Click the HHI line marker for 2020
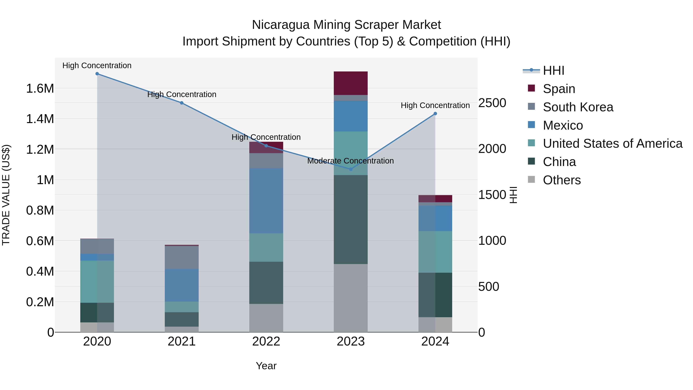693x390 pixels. click(x=97, y=74)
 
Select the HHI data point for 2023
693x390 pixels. click(x=351, y=169)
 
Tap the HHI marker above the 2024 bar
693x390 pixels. click(x=435, y=114)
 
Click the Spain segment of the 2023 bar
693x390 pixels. click(x=351, y=83)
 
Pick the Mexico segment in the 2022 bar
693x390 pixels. click(x=266, y=200)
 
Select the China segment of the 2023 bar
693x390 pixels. click(x=351, y=219)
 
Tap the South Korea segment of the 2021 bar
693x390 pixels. click(x=182, y=257)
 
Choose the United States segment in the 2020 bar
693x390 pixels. click(x=97, y=282)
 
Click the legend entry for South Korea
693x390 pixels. click(x=578, y=107)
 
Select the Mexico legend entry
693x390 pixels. click(x=563, y=125)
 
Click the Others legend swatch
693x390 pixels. click(x=531, y=179)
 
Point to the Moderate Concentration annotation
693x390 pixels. click(x=350, y=161)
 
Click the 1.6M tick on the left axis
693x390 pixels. click(x=40, y=88)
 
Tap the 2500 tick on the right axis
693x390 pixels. click(x=492, y=103)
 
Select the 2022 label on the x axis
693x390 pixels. click(x=266, y=341)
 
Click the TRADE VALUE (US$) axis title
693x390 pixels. click(x=6, y=195)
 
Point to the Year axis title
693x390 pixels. click(x=266, y=366)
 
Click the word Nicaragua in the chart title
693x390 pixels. click(x=281, y=25)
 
